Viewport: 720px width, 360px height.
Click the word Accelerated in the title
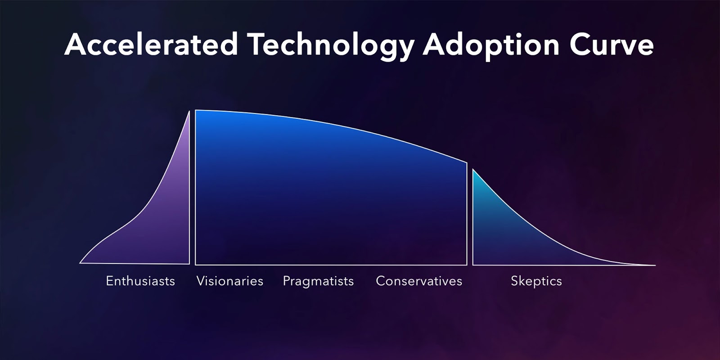(151, 45)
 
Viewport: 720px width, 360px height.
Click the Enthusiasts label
(140, 281)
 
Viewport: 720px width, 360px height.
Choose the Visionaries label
(230, 281)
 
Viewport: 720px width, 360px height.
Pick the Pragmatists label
(318, 281)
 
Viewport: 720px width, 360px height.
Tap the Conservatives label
(419, 281)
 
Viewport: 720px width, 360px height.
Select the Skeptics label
(536, 281)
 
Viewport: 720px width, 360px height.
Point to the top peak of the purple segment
(189, 112)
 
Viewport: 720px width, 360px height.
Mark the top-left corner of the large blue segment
(196, 111)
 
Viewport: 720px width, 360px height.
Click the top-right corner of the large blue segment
(467, 163)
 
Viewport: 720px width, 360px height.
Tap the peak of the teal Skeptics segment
(473, 170)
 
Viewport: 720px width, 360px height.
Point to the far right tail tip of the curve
(655, 265)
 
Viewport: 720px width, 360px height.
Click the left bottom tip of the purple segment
(81, 263)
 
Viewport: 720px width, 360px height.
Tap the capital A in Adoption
(435, 45)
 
